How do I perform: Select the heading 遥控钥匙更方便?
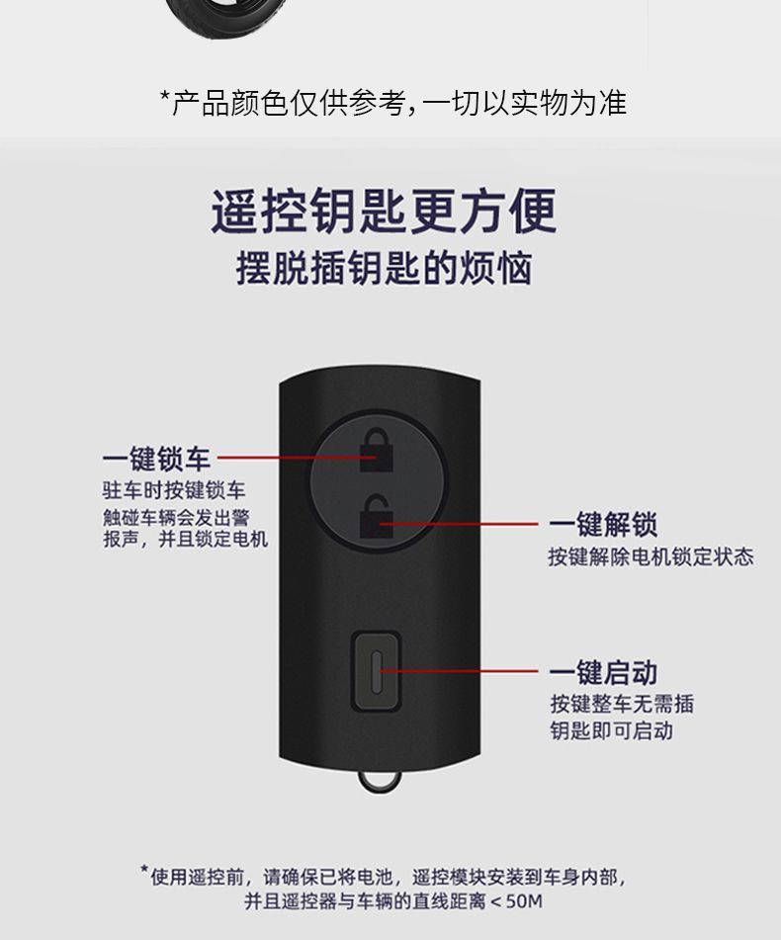[x=384, y=212]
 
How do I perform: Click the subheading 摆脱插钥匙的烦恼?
[x=384, y=269]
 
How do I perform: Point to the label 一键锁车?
[x=156, y=459]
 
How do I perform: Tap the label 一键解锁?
[x=603, y=524]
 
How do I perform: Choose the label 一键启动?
[x=603, y=673]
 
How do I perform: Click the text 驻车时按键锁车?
[x=175, y=490]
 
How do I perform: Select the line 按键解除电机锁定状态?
[x=651, y=556]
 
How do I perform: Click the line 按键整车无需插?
[x=622, y=704]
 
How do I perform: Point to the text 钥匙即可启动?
[x=611, y=730]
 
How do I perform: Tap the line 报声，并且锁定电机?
[x=186, y=539]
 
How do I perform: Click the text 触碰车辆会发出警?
[x=176, y=516]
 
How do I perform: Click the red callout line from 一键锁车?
[x=287, y=459]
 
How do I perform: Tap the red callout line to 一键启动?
[x=465, y=672]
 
